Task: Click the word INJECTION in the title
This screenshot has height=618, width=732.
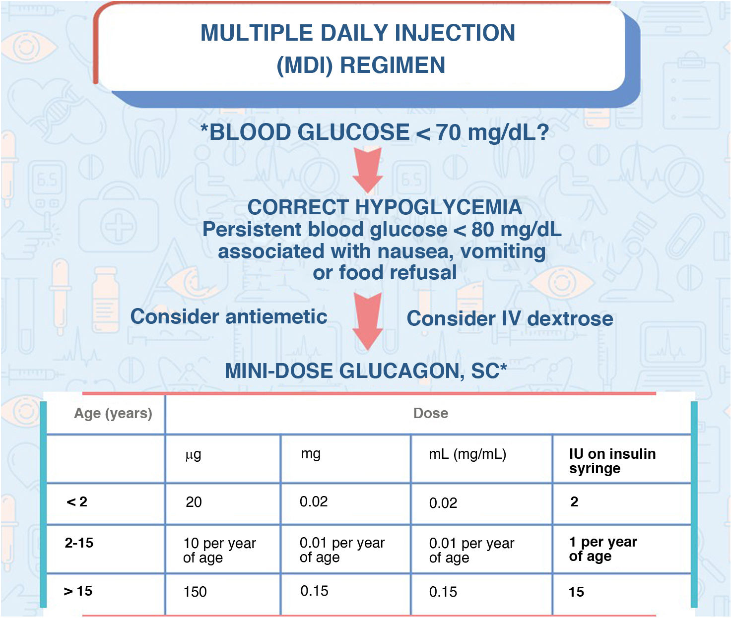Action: pos(455,33)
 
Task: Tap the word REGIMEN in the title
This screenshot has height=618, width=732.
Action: pos(393,65)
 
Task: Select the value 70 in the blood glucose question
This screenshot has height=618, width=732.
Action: pos(449,132)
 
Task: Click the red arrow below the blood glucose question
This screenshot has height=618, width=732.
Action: pos(367,170)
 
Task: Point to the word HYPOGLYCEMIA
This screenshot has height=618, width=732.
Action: pos(439,207)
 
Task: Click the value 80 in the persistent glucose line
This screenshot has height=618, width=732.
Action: pos(483,230)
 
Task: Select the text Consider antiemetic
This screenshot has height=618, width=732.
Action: pos(229,316)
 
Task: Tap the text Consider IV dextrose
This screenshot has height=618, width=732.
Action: pos(510,318)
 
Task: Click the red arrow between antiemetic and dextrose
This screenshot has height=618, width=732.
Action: pos(367,321)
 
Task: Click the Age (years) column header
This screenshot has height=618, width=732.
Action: pos(113,413)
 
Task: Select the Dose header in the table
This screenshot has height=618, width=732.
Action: pos(430,413)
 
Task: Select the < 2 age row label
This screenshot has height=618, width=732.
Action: pos(77,501)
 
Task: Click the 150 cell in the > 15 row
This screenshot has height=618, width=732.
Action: pos(195,592)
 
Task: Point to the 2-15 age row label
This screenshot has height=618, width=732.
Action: pos(79,543)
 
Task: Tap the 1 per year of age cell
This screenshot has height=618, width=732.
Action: pos(603,549)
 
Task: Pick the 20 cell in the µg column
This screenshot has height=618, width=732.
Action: pos(194,502)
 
